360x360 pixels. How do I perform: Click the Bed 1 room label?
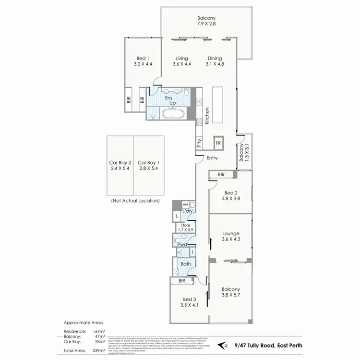pos(143,60)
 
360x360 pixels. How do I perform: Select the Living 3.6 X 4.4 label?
pos(181,61)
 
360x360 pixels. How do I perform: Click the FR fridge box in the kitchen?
pos(218,143)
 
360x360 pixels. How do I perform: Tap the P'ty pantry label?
pos(198,143)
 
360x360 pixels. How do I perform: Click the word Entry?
pos(212,158)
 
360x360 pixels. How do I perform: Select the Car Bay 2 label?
pos(120,165)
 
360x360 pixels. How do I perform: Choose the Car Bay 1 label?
pos(148,165)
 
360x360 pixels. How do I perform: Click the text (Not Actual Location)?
pos(135,201)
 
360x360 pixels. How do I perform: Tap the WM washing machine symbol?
pos(185,204)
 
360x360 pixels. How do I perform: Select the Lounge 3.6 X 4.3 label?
pos(231,236)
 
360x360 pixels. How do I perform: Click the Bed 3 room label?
pos(189,301)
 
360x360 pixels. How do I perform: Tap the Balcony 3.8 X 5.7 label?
pos(231,292)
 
